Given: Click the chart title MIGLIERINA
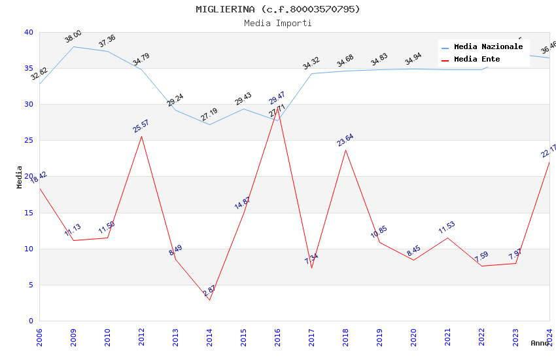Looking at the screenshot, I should tap(277, 9).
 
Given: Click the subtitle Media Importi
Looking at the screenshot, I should tap(277, 23).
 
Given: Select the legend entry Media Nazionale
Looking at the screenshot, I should tap(488, 47).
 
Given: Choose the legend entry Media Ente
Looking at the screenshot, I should tap(477, 60).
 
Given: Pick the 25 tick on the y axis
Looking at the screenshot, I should tap(28, 141).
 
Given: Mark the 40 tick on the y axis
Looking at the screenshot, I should tap(28, 33).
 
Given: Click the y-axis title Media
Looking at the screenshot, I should tap(20, 177).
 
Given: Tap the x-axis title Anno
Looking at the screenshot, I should tap(540, 343).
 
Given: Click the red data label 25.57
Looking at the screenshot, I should tap(141, 126).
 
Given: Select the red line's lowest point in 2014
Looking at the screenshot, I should tap(209, 300).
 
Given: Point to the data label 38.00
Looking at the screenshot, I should tap(73, 37).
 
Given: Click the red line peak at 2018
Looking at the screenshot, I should tap(345, 150).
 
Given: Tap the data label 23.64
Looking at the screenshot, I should tap(345, 139).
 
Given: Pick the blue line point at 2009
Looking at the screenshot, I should tap(73, 46).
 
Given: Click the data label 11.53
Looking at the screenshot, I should tap(447, 228).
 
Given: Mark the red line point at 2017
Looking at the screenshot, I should tap(311, 268).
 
